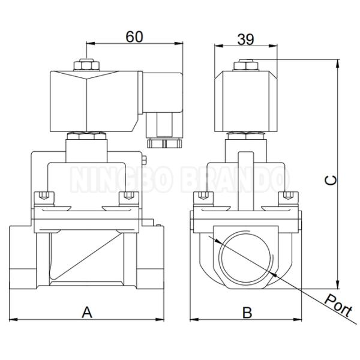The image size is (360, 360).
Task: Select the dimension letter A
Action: click(88, 312)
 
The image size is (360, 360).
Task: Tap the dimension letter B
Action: click(246, 312)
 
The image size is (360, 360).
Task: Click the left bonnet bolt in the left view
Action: click(42, 197)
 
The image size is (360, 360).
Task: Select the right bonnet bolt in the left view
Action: click(127, 197)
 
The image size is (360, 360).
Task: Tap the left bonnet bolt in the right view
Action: click(205, 197)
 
